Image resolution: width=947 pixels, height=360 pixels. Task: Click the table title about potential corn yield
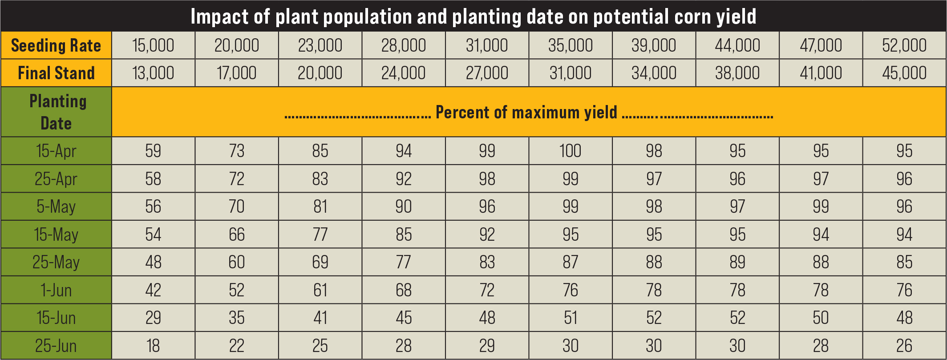(473, 16)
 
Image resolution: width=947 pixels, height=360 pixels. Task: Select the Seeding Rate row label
(56, 45)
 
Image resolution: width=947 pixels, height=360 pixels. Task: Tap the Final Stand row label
(56, 73)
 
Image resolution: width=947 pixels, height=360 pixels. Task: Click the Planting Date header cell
(56, 112)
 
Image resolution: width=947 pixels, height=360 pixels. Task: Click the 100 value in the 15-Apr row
(570, 151)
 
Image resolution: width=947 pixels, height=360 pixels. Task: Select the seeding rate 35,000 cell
(570, 45)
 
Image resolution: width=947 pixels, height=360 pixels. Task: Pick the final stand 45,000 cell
(904, 73)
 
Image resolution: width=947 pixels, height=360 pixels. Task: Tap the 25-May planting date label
(56, 262)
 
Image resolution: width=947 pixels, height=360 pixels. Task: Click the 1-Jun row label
(56, 290)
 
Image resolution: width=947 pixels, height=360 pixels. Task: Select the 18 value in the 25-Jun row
(153, 346)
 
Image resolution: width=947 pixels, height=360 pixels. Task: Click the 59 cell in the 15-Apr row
(153, 151)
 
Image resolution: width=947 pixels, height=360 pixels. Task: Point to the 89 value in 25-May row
(737, 262)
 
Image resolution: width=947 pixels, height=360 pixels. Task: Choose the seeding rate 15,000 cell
(153, 45)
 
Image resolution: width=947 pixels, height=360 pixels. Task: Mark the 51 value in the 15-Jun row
(570, 318)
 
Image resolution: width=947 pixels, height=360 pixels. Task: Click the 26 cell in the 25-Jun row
(904, 346)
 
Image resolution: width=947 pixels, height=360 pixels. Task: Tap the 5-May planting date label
(56, 206)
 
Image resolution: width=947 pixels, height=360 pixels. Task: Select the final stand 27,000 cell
(487, 73)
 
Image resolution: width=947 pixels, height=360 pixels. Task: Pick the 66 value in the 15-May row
(237, 235)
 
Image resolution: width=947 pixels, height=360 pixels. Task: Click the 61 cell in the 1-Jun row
(320, 290)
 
